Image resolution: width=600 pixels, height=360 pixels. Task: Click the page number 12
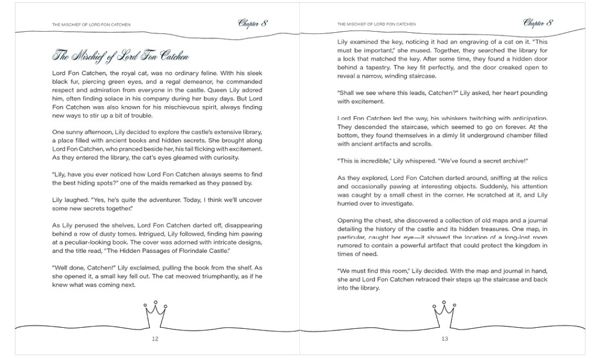click(x=155, y=339)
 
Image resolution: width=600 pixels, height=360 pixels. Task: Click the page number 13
click(x=445, y=339)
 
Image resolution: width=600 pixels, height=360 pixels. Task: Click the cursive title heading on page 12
click(x=121, y=56)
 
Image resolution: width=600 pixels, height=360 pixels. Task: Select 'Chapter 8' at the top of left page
click(x=253, y=23)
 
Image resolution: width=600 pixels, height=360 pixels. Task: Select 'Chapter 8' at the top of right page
click(x=538, y=23)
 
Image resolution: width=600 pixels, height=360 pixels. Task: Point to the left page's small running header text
click(x=91, y=25)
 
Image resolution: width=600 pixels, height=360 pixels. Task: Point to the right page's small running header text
click(x=377, y=25)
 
